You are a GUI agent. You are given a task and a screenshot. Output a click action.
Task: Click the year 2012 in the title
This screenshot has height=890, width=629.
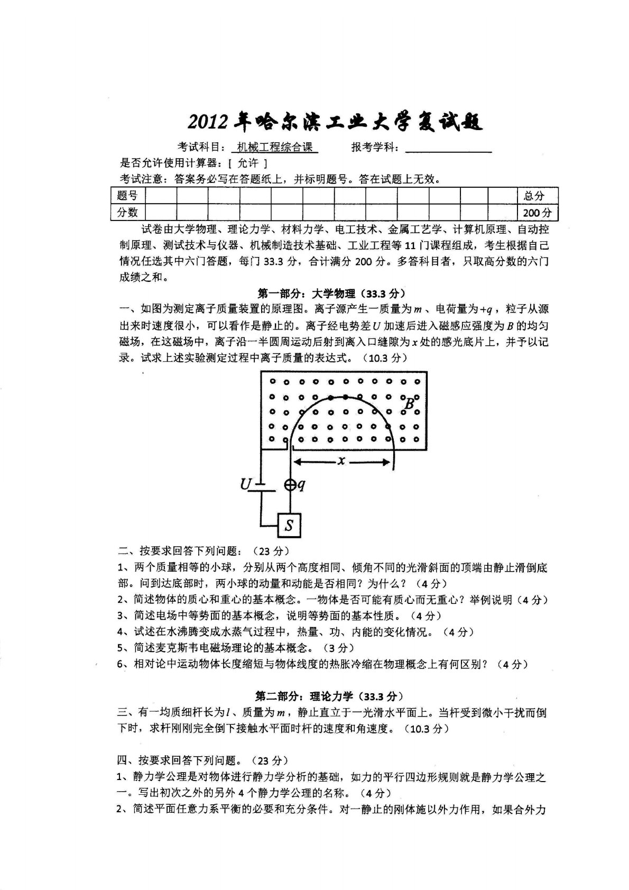[x=209, y=123]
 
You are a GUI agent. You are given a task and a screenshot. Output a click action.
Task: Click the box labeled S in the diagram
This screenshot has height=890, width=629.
[x=289, y=525]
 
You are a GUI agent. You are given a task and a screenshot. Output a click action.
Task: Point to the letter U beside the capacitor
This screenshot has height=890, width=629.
[x=245, y=484]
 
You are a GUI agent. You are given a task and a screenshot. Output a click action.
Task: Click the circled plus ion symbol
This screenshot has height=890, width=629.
[x=290, y=484]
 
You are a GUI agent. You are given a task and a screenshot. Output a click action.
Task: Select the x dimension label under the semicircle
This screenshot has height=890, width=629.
[x=341, y=461]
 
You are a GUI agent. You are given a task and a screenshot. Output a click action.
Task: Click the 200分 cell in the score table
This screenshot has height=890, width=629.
[x=537, y=213]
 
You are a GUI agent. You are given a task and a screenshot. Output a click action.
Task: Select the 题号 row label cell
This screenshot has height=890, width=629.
[x=127, y=196]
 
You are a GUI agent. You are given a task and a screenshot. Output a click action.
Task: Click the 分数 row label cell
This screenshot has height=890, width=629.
[x=127, y=213]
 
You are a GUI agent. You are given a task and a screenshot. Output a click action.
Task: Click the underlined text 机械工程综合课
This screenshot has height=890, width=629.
[x=275, y=148]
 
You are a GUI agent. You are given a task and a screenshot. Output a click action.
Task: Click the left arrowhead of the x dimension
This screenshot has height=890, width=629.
[x=297, y=462]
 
